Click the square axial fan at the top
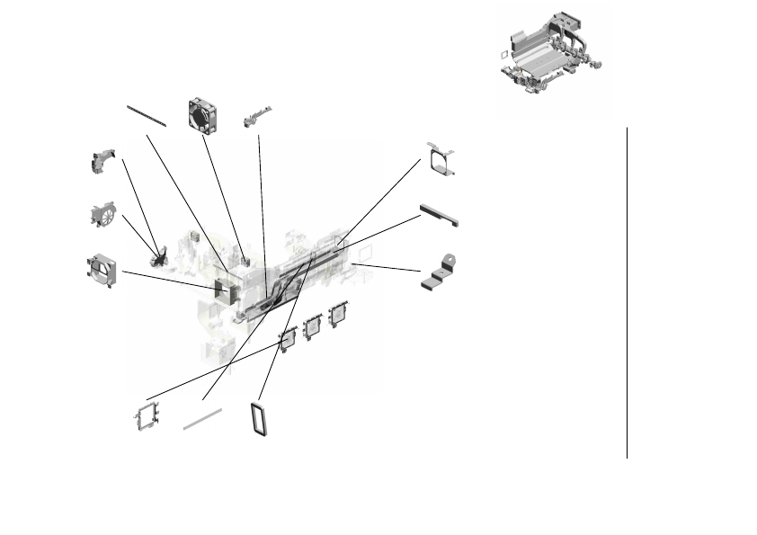pyautogui.click(x=205, y=115)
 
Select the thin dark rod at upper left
pyautogui.click(x=147, y=115)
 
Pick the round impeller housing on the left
pyautogui.click(x=104, y=215)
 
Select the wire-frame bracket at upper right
pyautogui.click(x=441, y=158)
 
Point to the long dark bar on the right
pyautogui.click(x=440, y=216)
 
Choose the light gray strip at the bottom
pyautogui.click(x=202, y=418)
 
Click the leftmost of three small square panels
pyautogui.click(x=289, y=339)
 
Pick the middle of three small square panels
pyautogui.click(x=313, y=326)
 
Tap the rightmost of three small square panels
pyautogui.click(x=338, y=315)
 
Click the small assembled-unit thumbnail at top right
pyautogui.click(x=548, y=56)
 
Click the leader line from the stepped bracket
pyautogui.click(x=391, y=266)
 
